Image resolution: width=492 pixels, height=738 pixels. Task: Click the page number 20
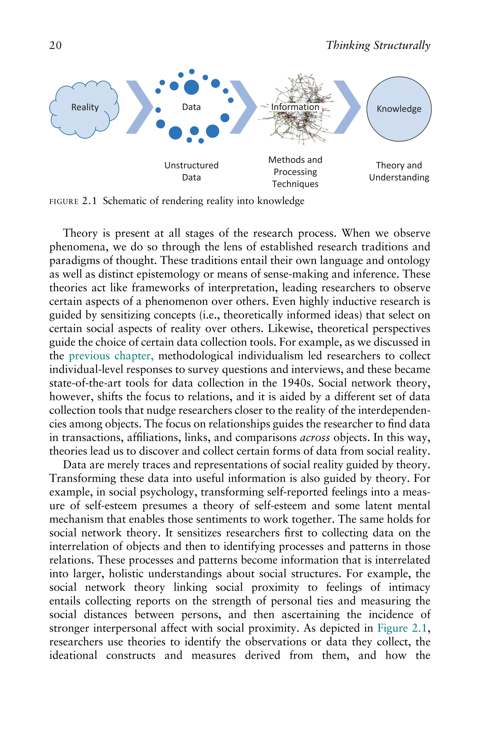(55, 45)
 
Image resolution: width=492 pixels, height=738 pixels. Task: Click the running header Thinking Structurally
(378, 45)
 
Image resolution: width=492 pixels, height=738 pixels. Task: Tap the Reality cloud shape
(84, 108)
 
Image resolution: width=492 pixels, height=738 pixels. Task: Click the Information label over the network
(295, 107)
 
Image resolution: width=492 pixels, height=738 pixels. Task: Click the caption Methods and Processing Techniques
(295, 172)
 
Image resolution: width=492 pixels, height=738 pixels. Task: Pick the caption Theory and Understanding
(399, 171)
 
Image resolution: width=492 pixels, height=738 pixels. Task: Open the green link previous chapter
(111, 356)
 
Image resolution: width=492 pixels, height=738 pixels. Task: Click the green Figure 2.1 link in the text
(402, 628)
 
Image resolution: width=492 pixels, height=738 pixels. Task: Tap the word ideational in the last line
(73, 655)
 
